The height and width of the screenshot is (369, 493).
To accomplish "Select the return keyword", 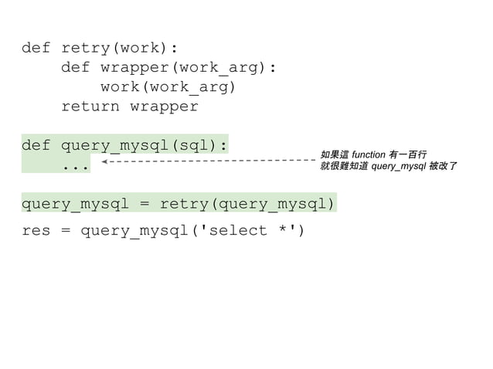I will (90, 107).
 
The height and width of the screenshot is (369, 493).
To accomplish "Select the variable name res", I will (36, 231).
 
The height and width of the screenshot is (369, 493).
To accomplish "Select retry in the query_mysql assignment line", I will (183, 204).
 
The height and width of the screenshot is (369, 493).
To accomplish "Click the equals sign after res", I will (65, 231).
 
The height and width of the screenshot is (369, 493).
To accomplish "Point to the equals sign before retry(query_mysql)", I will (144, 204).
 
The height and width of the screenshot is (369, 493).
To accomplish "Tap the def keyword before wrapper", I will (75, 68).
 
